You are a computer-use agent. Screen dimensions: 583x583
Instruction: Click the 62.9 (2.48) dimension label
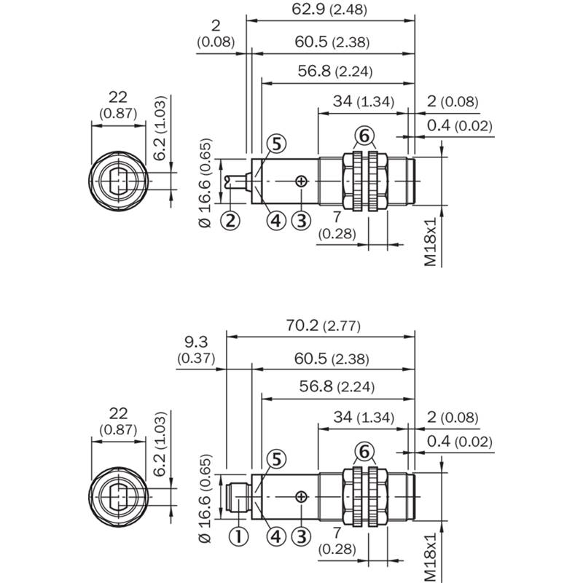point(329,9)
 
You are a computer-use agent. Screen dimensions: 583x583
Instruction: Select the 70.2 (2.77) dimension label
point(323,325)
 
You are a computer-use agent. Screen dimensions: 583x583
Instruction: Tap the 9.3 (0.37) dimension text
point(196,350)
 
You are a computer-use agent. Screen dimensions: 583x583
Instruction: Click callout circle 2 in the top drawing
point(230,221)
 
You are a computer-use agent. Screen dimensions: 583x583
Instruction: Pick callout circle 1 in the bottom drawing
point(238,536)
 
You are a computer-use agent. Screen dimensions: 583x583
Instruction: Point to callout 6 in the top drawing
point(364,136)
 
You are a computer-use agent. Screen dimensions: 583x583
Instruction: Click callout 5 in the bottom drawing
point(277,460)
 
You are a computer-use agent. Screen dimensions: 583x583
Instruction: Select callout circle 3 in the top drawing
point(301,221)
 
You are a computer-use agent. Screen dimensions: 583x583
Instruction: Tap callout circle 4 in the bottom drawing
point(276,536)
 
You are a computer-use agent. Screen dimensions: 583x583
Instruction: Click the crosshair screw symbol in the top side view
point(301,181)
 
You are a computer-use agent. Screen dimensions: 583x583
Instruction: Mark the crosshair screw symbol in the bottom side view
point(301,497)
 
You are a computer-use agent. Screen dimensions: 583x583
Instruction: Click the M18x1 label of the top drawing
point(430,242)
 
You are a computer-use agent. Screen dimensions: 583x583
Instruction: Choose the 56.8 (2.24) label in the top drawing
point(335,71)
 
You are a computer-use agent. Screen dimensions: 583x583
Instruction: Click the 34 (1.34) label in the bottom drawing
point(364,417)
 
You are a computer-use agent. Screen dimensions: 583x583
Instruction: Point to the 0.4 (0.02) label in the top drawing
point(460,125)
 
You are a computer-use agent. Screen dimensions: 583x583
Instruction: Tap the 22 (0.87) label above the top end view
point(118,105)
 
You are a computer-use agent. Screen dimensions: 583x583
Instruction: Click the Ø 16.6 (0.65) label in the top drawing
point(205,183)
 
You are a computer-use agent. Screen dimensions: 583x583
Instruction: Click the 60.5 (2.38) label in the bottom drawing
point(332,359)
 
